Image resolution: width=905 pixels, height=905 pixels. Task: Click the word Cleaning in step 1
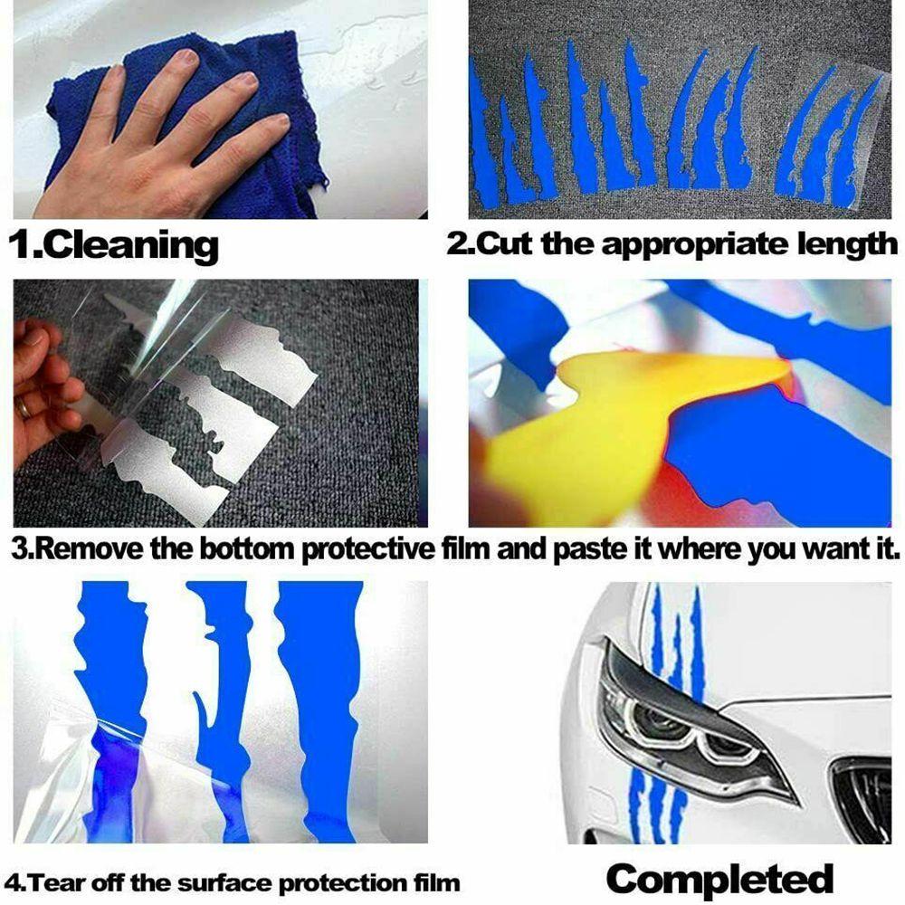[x=130, y=246]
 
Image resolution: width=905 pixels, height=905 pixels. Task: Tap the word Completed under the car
[x=719, y=880]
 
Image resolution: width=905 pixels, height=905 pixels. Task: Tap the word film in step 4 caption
[x=437, y=883]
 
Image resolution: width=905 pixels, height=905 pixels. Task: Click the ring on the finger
[x=24, y=408]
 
